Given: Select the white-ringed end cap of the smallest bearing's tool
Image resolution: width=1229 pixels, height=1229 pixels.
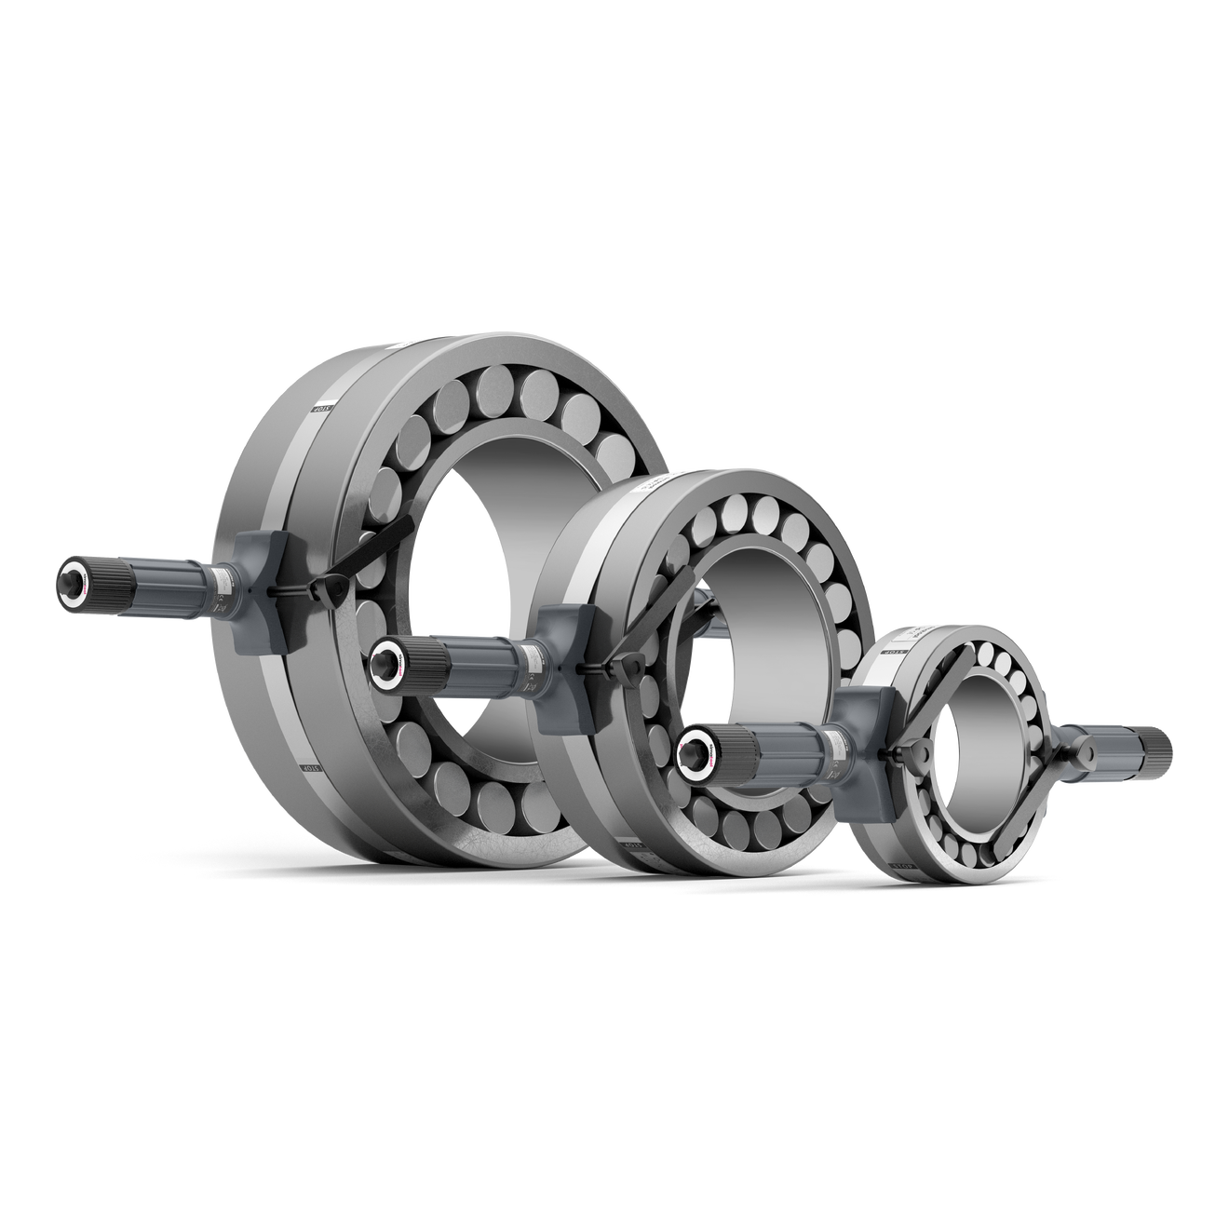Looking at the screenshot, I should click(x=694, y=744).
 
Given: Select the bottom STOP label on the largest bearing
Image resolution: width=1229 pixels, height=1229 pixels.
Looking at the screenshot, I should click(x=308, y=769).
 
